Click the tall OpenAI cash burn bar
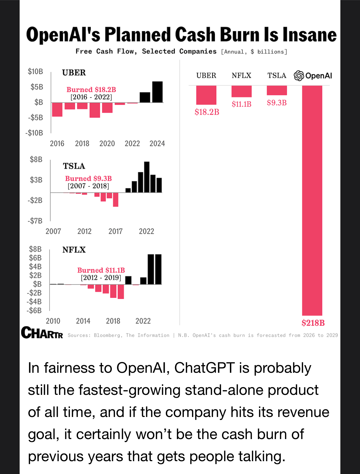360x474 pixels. (x=312, y=200)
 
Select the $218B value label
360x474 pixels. (x=313, y=323)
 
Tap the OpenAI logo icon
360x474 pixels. (x=299, y=76)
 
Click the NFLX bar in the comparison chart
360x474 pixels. (x=241, y=91)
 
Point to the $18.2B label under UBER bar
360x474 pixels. (x=207, y=112)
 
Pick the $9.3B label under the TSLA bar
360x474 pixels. (x=277, y=103)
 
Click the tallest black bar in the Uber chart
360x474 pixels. (x=157, y=92)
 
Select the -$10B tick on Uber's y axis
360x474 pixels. (x=34, y=133)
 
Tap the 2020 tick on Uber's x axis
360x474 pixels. (x=107, y=144)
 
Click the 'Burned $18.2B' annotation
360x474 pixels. (x=91, y=90)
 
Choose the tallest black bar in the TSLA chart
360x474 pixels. (x=147, y=177)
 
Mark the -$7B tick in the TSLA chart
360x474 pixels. (x=35, y=221)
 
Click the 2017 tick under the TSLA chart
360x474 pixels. (x=115, y=231)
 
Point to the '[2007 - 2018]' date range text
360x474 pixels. (x=88, y=186)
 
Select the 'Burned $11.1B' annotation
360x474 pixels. (x=101, y=270)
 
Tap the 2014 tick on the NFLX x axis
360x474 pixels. (x=83, y=321)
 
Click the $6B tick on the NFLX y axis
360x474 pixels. (x=35, y=258)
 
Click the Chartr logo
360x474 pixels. (x=42, y=333)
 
